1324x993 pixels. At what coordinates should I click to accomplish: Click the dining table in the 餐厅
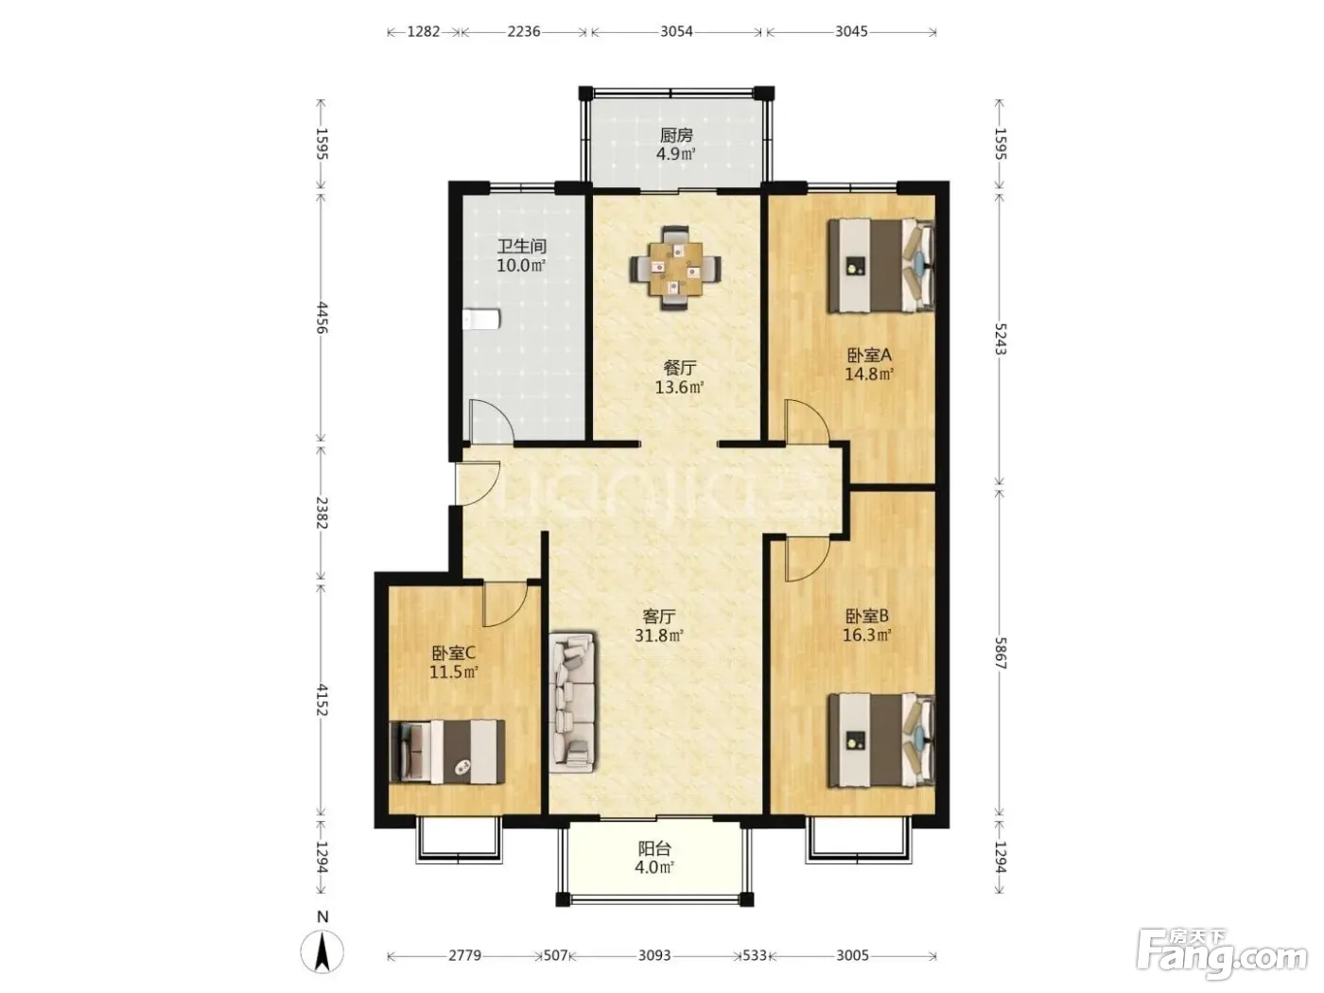pos(675,268)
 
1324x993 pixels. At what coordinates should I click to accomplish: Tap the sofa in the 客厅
pos(572,702)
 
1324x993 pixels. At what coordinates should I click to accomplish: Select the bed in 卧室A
pos(880,266)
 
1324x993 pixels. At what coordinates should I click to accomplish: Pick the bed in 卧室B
pos(880,740)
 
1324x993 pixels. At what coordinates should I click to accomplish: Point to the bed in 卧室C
pos(447,751)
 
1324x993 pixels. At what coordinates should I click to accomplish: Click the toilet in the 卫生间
pos(481,319)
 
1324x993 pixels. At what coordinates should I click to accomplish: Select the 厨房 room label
pos(675,135)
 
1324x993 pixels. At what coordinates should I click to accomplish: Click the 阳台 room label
pos(654,849)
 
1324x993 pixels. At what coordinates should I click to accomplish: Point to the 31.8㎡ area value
pos(658,636)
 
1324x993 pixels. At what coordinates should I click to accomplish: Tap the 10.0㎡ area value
pos(521,266)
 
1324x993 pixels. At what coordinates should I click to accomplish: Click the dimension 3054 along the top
pos(676,31)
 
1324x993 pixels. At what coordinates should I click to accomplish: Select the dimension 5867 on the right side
pos(1001,653)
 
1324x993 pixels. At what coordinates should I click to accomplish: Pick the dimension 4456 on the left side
pos(322,318)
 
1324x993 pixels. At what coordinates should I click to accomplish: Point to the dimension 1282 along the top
pos(424,31)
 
